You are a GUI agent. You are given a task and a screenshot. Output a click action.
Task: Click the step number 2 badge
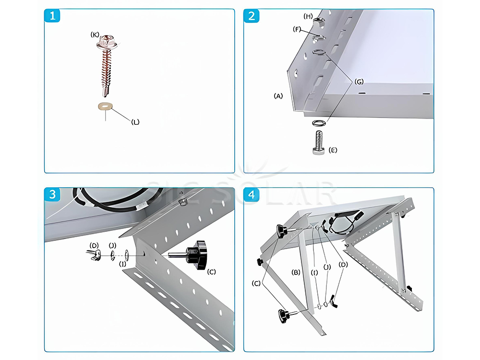tap(252, 16)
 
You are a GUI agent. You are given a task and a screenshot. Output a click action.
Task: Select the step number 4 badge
tap(252, 195)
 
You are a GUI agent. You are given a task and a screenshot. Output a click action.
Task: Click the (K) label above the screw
tap(96, 35)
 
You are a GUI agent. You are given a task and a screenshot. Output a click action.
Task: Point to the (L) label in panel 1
tap(135, 122)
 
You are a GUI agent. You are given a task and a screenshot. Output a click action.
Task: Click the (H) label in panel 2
tap(309, 16)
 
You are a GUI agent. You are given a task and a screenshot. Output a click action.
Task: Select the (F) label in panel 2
tap(298, 29)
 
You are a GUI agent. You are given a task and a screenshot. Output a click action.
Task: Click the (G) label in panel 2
tap(359, 82)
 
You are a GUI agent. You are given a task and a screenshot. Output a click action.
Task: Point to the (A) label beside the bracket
tap(278, 96)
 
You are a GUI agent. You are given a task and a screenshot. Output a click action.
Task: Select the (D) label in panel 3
tap(94, 245)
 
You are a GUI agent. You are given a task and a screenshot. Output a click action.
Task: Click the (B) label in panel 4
tap(296, 272)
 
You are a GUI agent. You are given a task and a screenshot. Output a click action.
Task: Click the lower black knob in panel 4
tap(282, 316)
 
